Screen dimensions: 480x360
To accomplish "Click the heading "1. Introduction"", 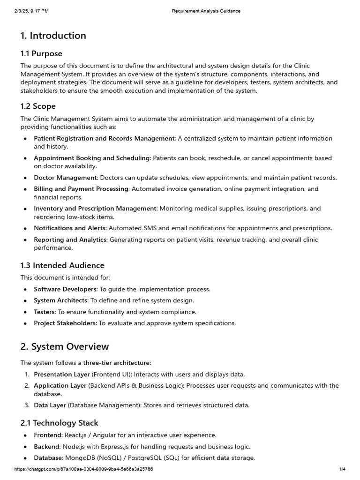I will point(53,36).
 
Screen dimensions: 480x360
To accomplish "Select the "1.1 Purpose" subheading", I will point(41,53).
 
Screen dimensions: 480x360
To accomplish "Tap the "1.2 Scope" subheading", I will point(38,106).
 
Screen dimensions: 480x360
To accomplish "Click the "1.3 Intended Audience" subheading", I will point(62,265).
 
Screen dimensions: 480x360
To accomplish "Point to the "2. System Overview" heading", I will point(65,346).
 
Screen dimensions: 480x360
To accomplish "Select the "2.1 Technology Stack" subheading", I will point(60,423).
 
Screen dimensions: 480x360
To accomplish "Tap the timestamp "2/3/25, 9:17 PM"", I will point(31,11).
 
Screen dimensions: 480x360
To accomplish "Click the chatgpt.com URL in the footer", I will point(83,469).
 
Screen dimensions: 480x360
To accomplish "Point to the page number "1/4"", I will point(342,469).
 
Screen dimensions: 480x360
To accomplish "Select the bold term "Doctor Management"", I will point(65,178).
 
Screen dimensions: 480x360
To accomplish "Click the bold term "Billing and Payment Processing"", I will point(81,189).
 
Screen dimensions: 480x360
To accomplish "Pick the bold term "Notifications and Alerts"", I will point(70,228).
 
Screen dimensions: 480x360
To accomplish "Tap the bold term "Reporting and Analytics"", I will point(70,240).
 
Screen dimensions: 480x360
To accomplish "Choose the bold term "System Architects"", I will point(60,300).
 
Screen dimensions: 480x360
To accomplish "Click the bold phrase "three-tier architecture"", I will point(117,363).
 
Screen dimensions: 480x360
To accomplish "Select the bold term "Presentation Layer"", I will point(61,374).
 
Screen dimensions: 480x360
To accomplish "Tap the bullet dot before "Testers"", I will point(25,312).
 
